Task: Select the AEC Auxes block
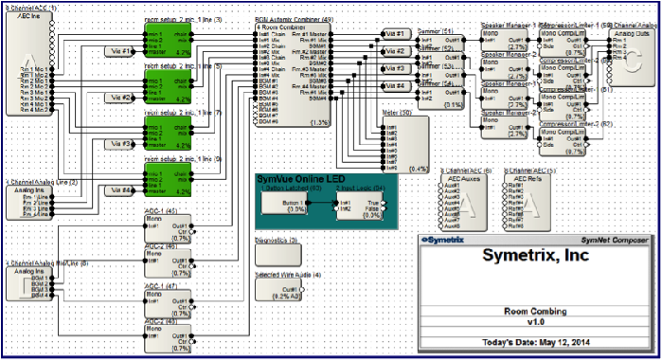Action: pos(465,202)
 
